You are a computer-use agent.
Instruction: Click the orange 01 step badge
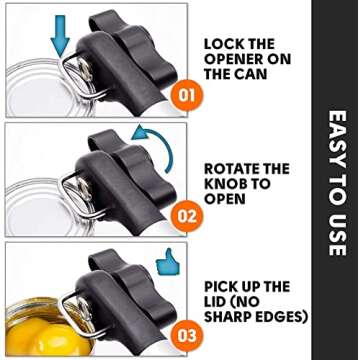187,96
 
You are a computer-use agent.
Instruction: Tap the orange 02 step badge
187,217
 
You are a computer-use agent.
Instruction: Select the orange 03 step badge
187,335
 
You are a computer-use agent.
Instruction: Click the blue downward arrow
60,36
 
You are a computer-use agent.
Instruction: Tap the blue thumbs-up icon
168,262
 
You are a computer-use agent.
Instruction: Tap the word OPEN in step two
225,199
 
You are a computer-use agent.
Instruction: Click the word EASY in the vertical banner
337,134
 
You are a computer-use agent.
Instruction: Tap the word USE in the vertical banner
337,235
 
